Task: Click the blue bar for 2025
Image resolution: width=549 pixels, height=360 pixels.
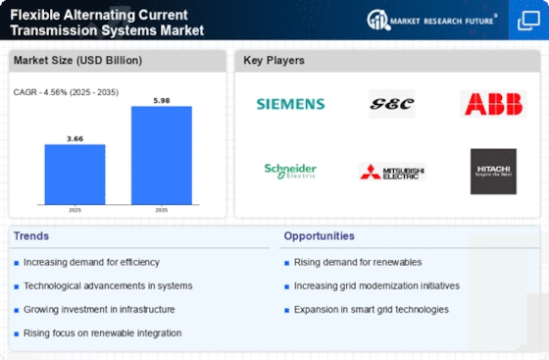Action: click(x=75, y=175)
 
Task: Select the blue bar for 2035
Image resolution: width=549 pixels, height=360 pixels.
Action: click(x=162, y=156)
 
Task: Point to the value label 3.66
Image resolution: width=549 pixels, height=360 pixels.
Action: click(x=75, y=138)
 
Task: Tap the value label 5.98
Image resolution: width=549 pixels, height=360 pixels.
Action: click(x=162, y=100)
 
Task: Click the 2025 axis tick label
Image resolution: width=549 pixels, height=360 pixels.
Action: click(x=75, y=210)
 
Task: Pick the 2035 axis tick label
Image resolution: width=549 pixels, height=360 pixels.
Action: click(x=162, y=210)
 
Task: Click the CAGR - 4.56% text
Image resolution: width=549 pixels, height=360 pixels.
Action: click(x=39, y=92)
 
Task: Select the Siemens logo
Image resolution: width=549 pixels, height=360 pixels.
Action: click(x=290, y=104)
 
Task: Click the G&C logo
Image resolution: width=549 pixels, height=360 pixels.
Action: click(x=392, y=104)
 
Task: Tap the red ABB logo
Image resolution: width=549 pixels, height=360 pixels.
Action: click(x=493, y=104)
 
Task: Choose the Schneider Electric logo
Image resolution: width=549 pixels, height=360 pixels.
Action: click(x=290, y=172)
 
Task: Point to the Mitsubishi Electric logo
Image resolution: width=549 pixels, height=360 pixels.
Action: click(x=392, y=172)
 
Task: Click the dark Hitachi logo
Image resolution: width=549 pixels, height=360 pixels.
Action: click(x=493, y=172)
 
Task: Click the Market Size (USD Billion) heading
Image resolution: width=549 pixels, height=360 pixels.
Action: click(x=77, y=60)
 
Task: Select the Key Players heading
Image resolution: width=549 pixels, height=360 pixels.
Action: click(x=274, y=60)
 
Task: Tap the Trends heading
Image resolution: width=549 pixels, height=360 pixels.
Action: click(x=31, y=236)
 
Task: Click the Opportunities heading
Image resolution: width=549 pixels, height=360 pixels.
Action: click(x=319, y=236)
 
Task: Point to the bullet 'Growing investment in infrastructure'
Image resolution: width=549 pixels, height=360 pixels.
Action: click(x=99, y=310)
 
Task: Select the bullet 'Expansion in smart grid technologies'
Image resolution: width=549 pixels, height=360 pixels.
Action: click(x=372, y=310)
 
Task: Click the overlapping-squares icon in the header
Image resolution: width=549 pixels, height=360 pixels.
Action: click(x=528, y=21)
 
